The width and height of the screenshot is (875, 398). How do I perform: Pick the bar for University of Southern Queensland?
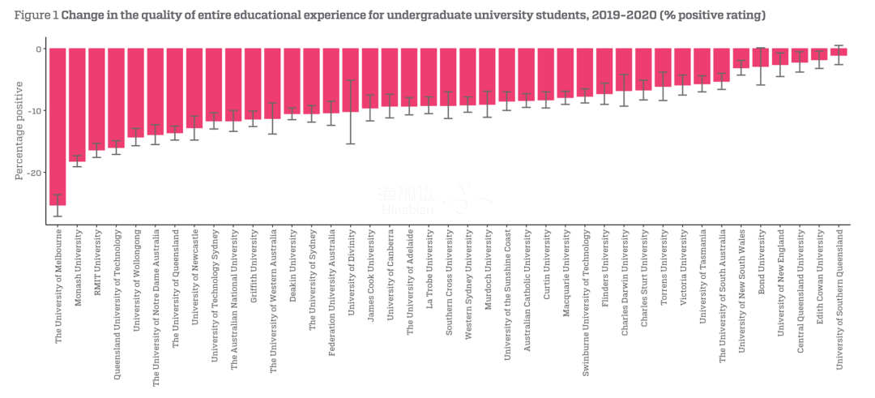tap(839, 52)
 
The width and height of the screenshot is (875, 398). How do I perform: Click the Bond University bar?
tap(760, 58)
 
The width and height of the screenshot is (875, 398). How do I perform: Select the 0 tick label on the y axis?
tap(37, 49)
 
